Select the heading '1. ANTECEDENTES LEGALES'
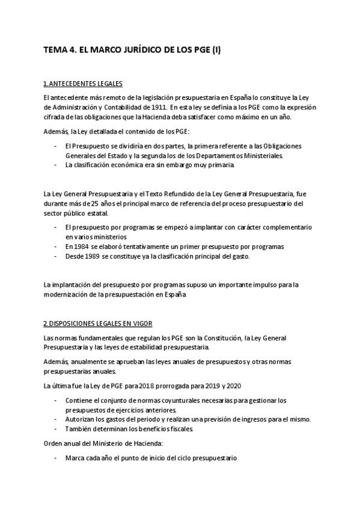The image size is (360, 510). coord(84,83)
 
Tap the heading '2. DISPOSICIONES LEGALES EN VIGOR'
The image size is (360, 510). coord(99,322)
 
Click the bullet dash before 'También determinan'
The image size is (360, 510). coord(56,429)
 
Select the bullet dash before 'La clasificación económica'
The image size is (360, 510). coord(56,165)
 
